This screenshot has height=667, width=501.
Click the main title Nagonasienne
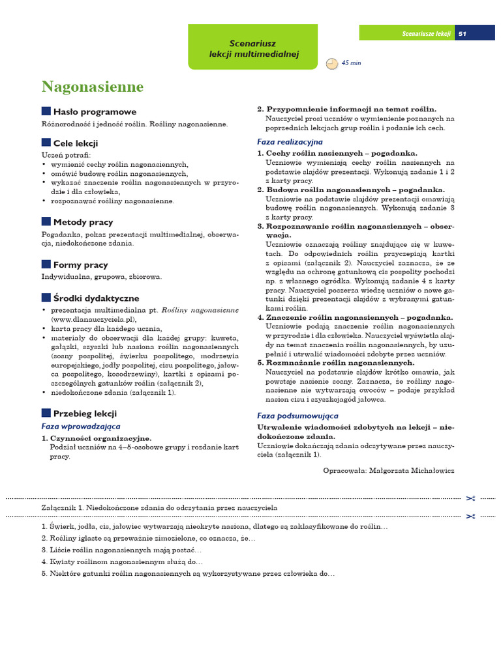point(93,87)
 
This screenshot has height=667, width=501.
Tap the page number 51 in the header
point(462,33)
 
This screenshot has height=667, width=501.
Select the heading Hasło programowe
point(95,111)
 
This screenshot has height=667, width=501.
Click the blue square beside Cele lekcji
point(46,143)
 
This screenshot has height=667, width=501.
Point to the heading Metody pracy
point(83,222)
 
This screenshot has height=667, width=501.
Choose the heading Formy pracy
point(80,264)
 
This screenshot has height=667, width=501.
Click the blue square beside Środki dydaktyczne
point(46,298)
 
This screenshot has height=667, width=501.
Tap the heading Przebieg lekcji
point(85,413)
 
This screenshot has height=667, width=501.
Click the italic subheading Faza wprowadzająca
point(81,426)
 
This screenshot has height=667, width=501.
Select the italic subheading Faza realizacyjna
point(290,141)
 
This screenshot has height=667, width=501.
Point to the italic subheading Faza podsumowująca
point(297,416)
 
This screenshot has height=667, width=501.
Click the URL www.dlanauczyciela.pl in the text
point(93,320)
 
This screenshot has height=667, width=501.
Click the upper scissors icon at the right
point(471,498)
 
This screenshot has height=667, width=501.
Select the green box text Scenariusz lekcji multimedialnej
point(254,48)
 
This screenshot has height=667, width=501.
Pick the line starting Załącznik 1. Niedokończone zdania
point(160,507)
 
